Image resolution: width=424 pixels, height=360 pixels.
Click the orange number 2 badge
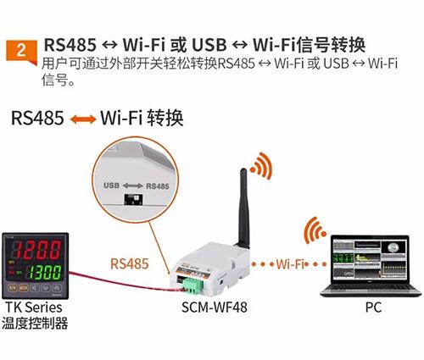[21, 52]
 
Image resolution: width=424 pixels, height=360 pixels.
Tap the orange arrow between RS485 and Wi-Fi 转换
[83, 119]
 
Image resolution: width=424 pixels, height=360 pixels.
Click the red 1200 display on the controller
[37, 250]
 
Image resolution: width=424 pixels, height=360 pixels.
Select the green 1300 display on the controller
[45, 273]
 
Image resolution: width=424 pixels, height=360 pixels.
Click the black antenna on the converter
[243, 208]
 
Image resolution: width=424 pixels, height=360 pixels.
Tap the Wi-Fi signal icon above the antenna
[261, 166]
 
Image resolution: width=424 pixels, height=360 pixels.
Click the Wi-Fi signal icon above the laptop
[315, 230]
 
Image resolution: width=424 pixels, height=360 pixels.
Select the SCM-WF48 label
[215, 307]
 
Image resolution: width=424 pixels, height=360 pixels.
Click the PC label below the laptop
[373, 307]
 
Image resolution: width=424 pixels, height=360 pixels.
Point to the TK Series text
[34, 307]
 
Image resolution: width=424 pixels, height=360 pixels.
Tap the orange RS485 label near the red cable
[130, 263]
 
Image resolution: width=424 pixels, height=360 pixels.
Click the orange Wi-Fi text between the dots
[290, 264]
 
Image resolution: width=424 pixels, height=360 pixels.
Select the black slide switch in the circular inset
[133, 199]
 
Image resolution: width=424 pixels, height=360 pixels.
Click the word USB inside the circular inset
[111, 186]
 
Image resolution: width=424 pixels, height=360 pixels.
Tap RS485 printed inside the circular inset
[158, 186]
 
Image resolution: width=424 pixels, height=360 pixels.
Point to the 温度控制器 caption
[35, 323]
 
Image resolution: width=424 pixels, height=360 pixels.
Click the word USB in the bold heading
[209, 45]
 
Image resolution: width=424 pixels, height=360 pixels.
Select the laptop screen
[371, 259]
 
